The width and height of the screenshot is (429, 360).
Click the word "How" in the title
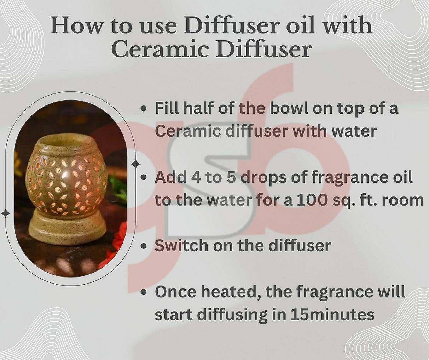[76, 26]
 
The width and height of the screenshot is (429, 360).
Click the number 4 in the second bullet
[196, 177]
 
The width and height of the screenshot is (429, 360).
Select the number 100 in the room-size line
[312, 200]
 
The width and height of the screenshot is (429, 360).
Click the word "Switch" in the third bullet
[182, 245]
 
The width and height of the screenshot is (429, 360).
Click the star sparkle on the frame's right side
[135, 165]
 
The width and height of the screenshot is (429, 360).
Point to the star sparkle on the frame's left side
[6, 214]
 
